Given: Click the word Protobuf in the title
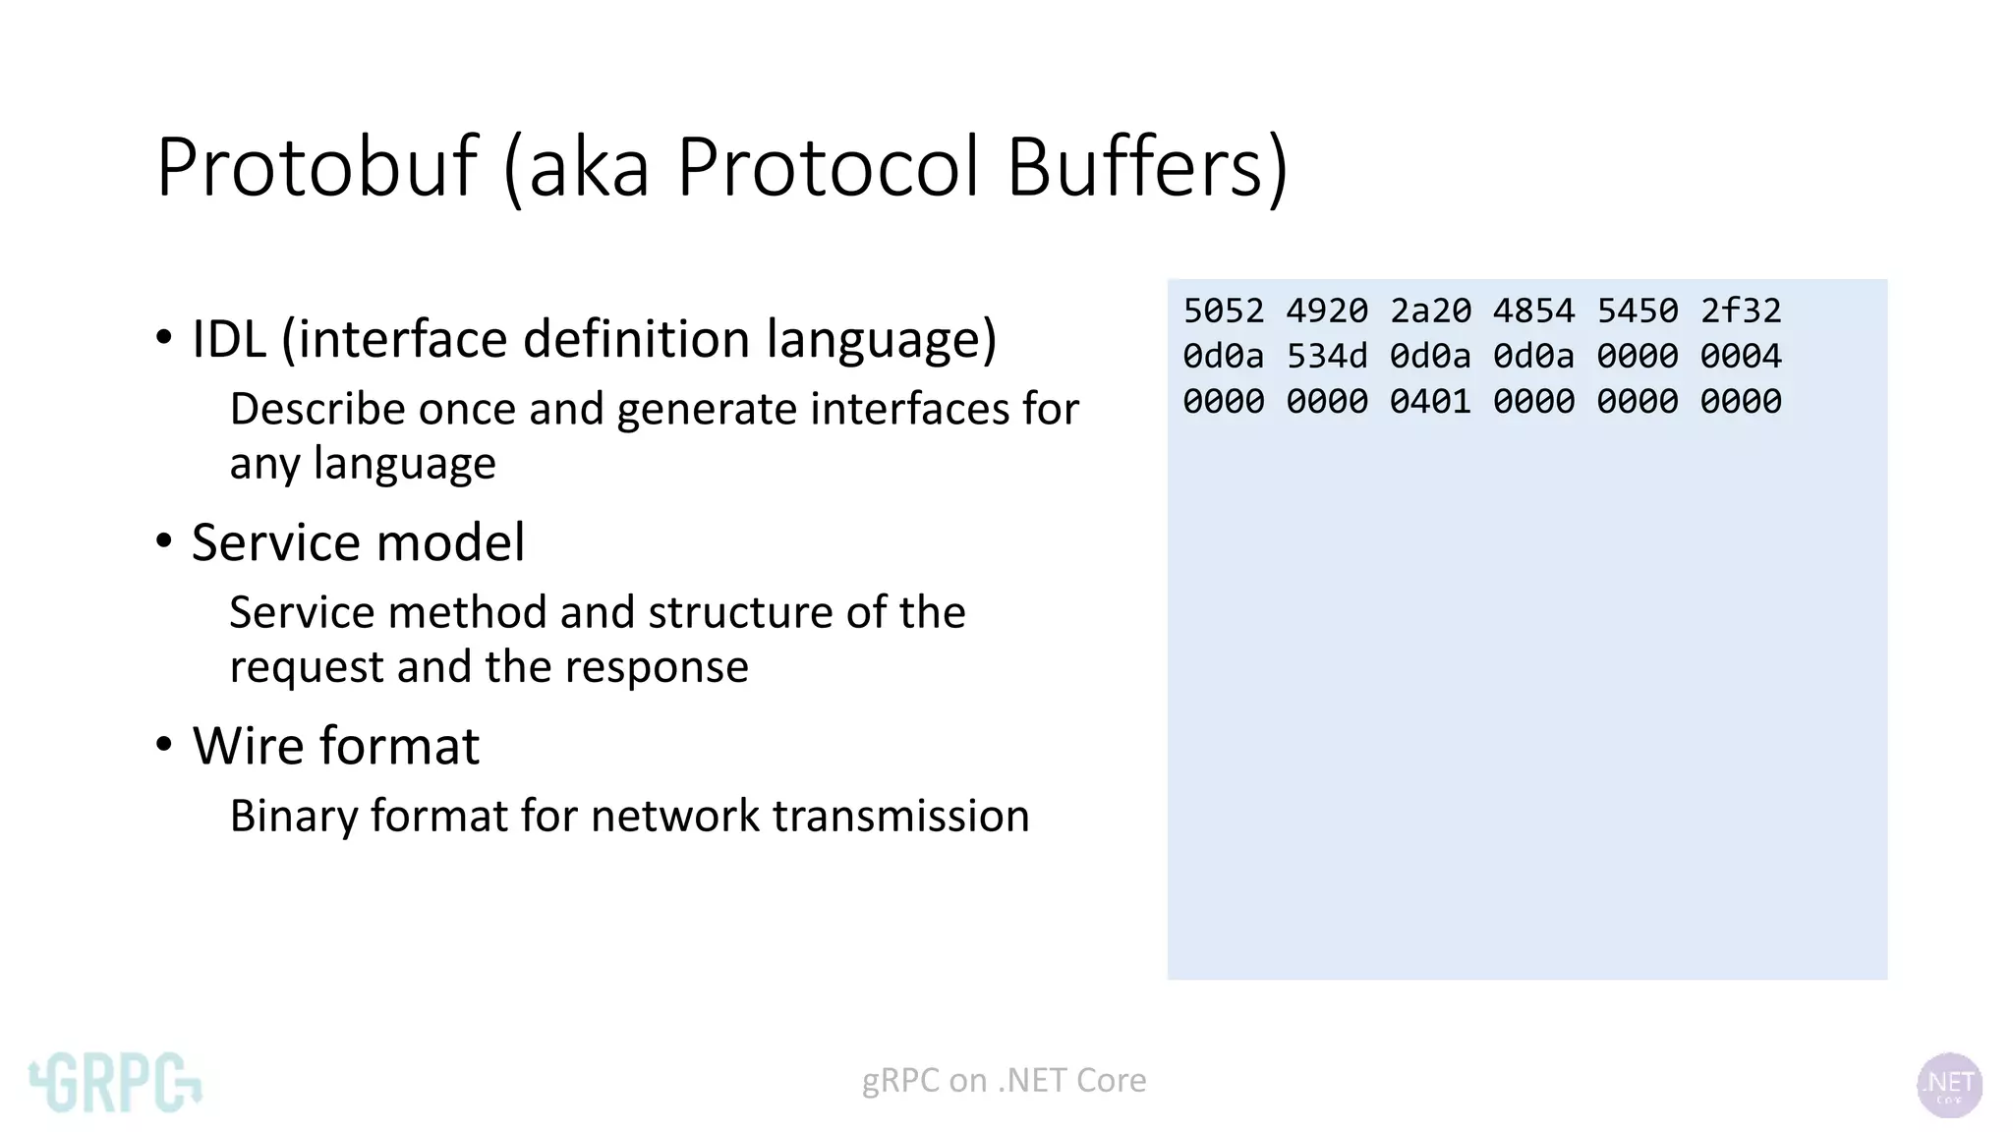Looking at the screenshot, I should tap(316, 167).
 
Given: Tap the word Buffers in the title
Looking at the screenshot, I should tap(1146, 167).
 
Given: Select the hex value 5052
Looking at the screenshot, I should tap(1223, 311).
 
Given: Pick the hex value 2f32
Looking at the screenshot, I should tap(1741, 311).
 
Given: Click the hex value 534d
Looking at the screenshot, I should tap(1327, 357).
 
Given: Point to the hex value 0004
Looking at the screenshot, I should tap(1741, 357).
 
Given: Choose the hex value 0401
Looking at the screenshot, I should tap(1430, 402).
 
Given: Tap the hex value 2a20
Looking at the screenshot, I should tap(1430, 311).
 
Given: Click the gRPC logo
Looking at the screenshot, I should tap(115, 1083).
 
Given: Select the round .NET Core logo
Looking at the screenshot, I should tap(1949, 1085).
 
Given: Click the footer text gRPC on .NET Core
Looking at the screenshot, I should tap(1004, 1081).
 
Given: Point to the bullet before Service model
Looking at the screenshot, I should tap(164, 540).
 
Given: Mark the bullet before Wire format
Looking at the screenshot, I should tap(164, 744).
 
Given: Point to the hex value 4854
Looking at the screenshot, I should tap(1533, 311).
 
